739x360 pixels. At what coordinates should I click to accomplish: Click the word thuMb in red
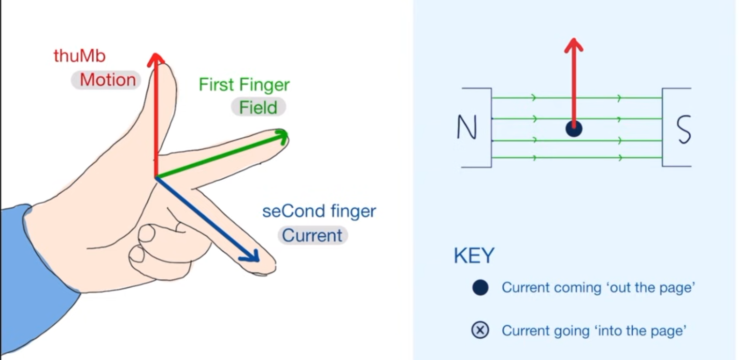79,56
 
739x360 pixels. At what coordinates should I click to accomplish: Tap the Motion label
107,80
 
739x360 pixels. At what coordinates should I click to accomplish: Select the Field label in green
258,107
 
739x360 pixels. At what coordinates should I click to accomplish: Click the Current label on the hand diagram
312,235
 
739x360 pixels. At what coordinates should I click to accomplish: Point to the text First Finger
244,85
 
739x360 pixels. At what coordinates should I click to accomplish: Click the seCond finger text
319,211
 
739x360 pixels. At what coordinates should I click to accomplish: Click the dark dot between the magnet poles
573,129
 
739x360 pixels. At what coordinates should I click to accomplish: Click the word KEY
474,256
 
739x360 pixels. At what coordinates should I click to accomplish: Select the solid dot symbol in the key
480,288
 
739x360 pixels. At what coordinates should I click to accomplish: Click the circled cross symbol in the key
480,331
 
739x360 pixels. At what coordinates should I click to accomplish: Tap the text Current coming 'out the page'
598,288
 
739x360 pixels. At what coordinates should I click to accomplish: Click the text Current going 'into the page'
594,331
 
